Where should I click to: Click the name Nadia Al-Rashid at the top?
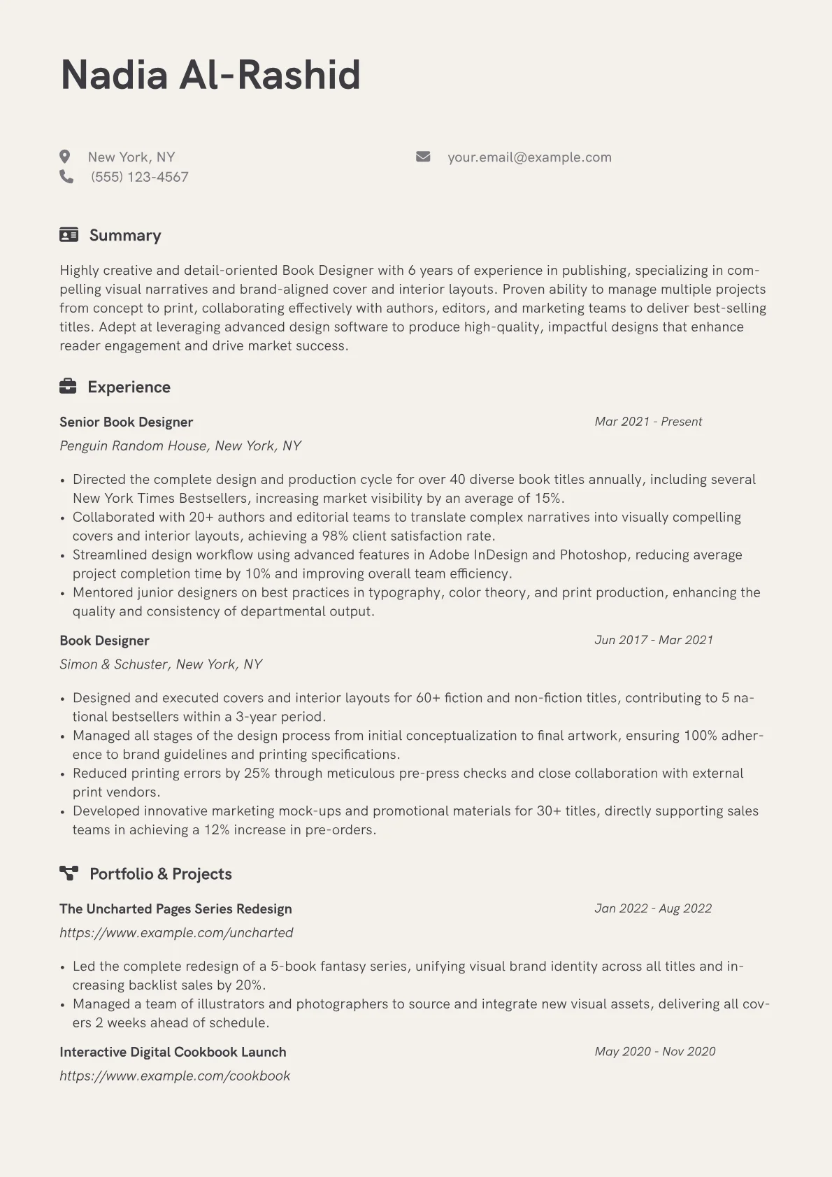(210, 75)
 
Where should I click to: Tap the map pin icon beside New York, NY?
(65, 157)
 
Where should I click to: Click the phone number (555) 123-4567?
(140, 177)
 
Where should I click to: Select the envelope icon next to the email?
(423, 157)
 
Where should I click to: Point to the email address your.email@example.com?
(529, 157)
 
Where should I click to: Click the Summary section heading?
(125, 235)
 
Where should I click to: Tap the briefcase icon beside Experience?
(68, 386)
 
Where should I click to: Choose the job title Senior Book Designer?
(126, 422)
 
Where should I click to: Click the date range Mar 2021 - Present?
(648, 422)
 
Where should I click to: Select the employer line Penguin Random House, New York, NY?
(180, 445)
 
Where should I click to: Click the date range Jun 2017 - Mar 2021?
(654, 640)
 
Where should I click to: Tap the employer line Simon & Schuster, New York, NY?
(161, 664)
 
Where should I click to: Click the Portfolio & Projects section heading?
(160, 873)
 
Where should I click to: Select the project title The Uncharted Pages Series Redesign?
(175, 908)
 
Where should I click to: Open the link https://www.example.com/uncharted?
(176, 932)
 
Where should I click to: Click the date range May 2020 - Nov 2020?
(655, 1051)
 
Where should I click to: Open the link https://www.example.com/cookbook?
(175, 1076)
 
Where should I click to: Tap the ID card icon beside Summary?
(69, 235)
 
